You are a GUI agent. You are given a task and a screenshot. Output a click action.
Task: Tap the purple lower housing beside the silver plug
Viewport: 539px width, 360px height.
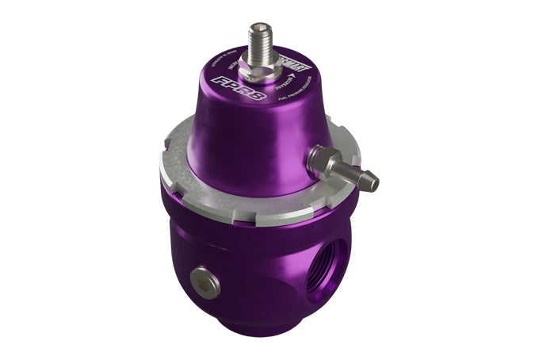pyautogui.click(x=238, y=278)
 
